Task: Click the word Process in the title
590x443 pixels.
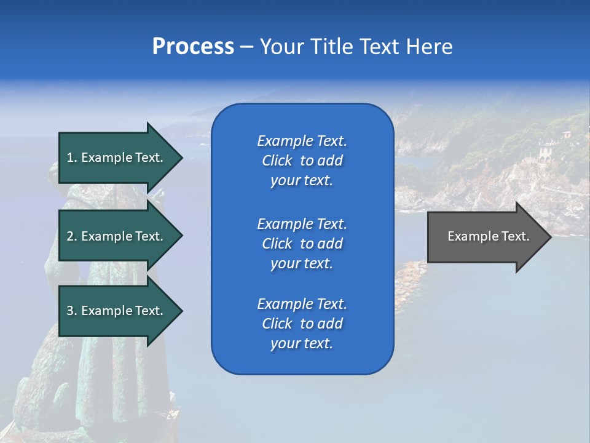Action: click(193, 47)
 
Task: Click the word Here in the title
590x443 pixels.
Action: click(430, 47)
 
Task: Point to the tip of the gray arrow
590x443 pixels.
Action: click(550, 237)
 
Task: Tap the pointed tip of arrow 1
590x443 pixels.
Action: click(181, 158)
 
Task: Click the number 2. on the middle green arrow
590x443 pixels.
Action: click(72, 236)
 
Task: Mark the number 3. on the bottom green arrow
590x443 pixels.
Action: click(72, 311)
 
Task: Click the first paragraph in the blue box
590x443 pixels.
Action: click(302, 161)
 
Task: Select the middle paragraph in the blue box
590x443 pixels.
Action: click(302, 244)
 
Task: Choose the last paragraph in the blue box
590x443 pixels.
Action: click(302, 324)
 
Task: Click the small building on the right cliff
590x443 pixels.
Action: click(545, 150)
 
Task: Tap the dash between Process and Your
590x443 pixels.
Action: click(247, 47)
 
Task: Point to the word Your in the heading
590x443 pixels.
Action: click(281, 47)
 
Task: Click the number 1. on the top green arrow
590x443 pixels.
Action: click(72, 158)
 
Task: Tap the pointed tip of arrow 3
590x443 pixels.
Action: click(181, 311)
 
